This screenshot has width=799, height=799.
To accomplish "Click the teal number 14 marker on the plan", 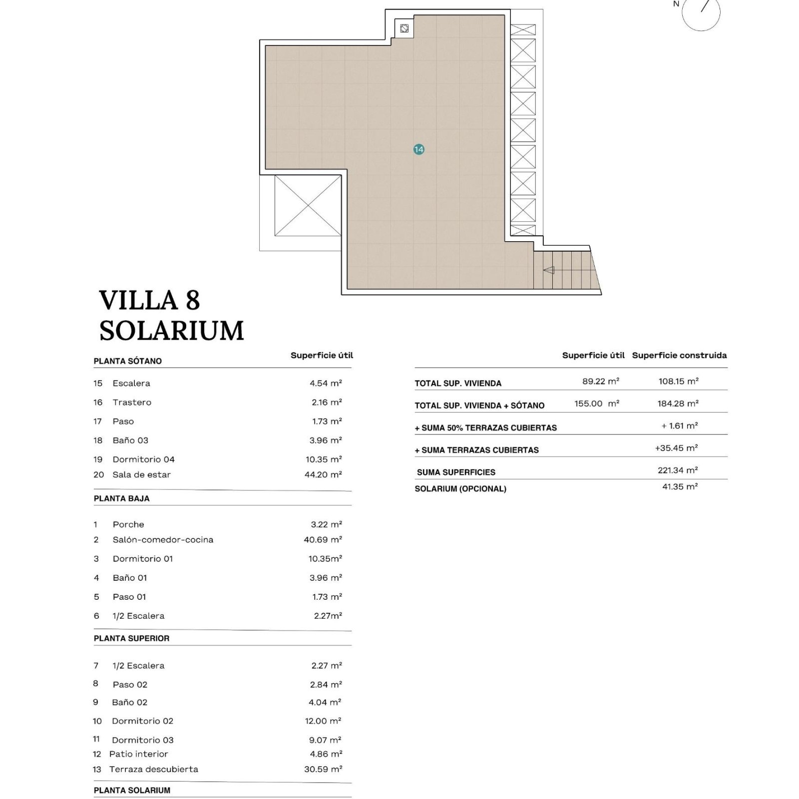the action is (419, 149).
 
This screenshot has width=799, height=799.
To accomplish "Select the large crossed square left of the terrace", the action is (308, 205).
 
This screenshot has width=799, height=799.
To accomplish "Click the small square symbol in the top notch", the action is (404, 28).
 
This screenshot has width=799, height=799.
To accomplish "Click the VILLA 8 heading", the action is (150, 300).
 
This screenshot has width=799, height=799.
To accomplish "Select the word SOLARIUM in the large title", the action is (172, 331).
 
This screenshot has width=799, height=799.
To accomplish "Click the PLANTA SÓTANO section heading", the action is (128, 361).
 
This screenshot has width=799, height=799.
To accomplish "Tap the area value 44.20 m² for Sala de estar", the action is (323, 474).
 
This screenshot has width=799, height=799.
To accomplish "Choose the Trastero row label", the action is (132, 402).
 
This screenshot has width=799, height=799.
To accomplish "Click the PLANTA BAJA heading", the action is (122, 498).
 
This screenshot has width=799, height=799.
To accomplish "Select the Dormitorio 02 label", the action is (142, 721).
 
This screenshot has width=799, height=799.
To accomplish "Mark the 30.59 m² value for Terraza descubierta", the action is (323, 770).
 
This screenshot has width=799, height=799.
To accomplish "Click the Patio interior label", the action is (139, 754).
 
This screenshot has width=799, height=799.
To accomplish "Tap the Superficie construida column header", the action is (679, 356).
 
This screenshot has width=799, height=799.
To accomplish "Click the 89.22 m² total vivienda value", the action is (601, 382).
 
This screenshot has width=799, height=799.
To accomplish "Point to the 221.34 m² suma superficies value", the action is (678, 470).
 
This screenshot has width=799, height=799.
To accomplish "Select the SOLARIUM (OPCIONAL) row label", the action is (460, 489).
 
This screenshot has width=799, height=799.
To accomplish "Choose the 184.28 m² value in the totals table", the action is (678, 403).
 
